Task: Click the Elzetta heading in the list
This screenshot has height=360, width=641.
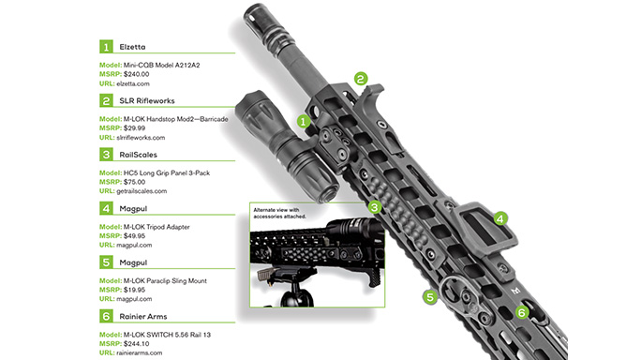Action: point(138,44)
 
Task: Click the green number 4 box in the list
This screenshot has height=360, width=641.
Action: point(106,208)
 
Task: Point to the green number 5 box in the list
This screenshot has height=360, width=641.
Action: point(106,262)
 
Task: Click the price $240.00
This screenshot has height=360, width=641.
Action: point(137,72)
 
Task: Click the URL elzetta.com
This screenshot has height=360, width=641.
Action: point(135,82)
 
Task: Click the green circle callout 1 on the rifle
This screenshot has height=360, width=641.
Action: point(303,121)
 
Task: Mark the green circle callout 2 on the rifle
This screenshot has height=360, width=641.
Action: point(361,80)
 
